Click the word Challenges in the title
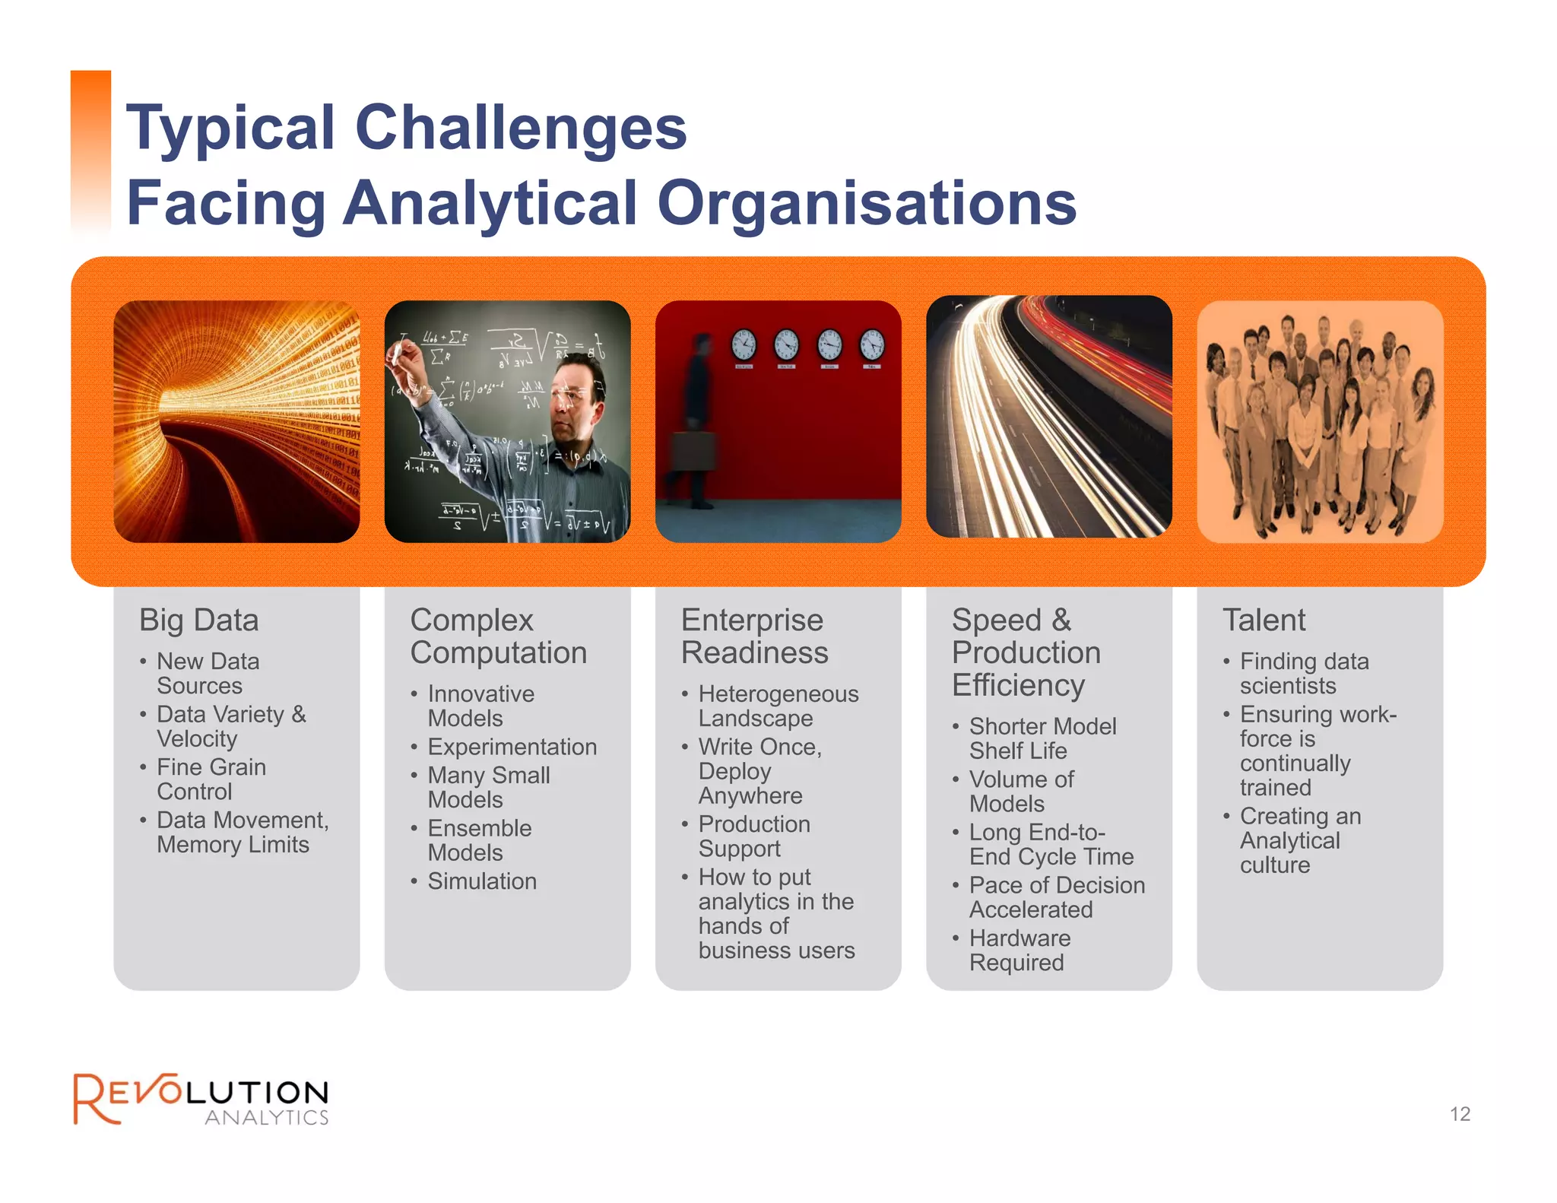(521, 128)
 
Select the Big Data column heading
(199, 621)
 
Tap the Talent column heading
(1264, 621)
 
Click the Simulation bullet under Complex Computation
(482, 881)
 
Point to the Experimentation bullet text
(512, 747)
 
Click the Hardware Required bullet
(1019, 951)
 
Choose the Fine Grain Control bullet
(211, 779)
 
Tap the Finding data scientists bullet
(1303, 674)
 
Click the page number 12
(1460, 1114)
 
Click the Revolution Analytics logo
(201, 1100)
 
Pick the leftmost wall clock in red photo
(744, 344)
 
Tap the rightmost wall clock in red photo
(872, 344)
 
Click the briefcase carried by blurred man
(694, 450)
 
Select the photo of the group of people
(1320, 421)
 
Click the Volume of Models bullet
(1020, 792)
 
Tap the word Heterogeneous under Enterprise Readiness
(778, 694)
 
